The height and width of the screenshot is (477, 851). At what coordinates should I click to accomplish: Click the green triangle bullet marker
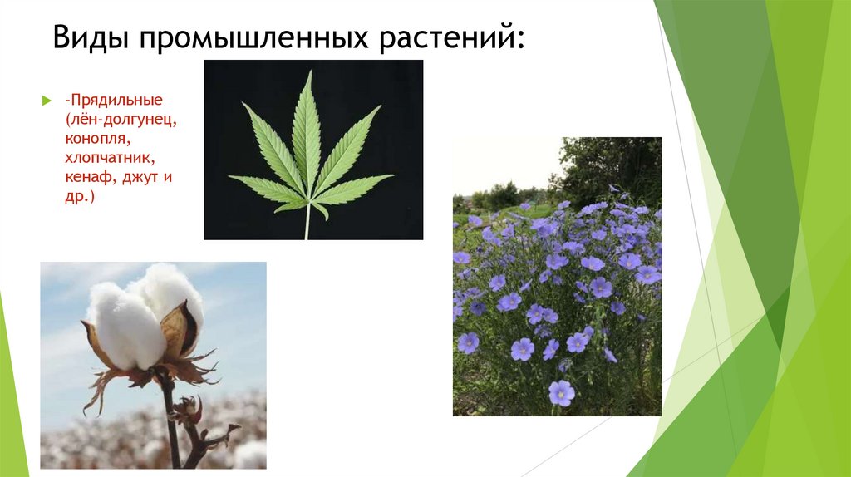point(47,101)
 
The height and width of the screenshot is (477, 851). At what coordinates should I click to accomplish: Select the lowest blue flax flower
point(562,392)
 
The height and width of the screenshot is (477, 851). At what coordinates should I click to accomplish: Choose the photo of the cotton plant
point(153,365)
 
